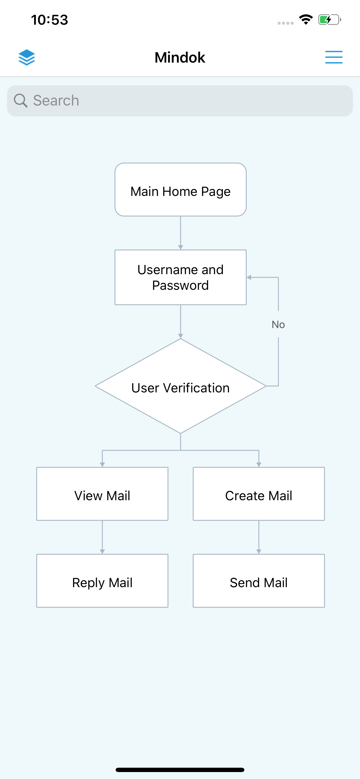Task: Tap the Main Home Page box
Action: [x=180, y=190]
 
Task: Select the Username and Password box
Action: [x=180, y=277]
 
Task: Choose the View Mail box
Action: [x=102, y=494]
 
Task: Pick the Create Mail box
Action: [x=259, y=494]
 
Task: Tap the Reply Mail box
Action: [x=102, y=580]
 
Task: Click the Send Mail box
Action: [x=259, y=580]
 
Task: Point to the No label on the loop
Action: [x=278, y=325]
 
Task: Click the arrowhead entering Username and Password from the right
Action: [x=249, y=277]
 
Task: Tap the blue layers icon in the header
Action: [x=27, y=57]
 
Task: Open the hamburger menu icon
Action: [x=334, y=57]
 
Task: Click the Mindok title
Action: [x=180, y=57]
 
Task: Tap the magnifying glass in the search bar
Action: [x=21, y=100]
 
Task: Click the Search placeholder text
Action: [x=56, y=100]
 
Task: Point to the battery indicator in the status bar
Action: [x=329, y=20]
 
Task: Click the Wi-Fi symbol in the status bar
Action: [x=306, y=20]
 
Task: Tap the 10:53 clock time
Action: [x=50, y=20]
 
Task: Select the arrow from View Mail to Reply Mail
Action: [x=102, y=538]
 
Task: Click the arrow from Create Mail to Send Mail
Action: [x=259, y=538]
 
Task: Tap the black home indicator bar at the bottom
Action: [x=180, y=770]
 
